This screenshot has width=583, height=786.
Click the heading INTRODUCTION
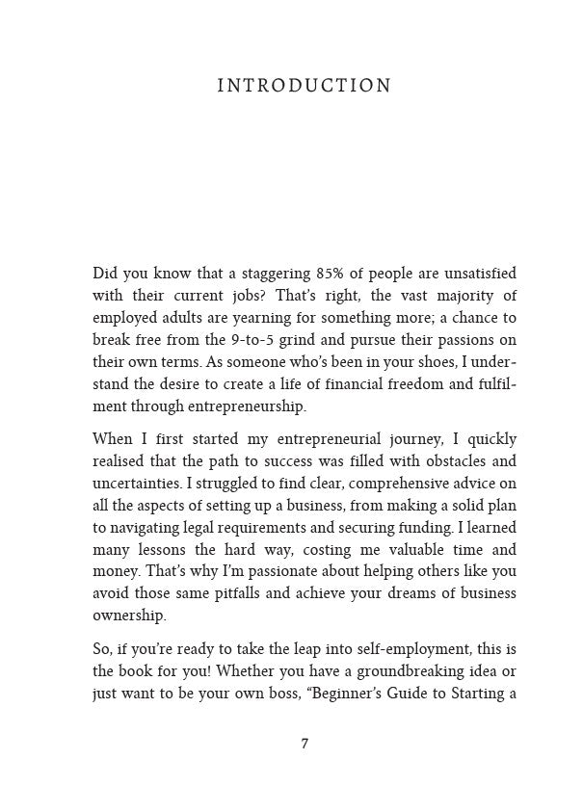click(x=304, y=87)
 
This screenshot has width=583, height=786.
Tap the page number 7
click(x=305, y=745)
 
